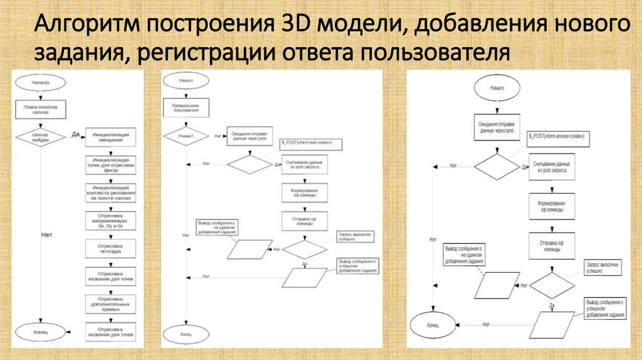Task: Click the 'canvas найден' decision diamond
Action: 39,136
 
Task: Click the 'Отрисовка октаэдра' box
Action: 110,250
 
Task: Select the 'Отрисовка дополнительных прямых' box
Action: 110,305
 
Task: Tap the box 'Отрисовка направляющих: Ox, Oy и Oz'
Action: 110,221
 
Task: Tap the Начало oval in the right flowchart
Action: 497,88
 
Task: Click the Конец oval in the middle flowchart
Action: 186,335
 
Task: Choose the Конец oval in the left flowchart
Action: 39,330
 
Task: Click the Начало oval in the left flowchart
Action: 39,82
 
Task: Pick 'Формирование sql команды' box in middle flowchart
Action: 305,193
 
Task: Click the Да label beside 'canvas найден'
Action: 75,134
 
